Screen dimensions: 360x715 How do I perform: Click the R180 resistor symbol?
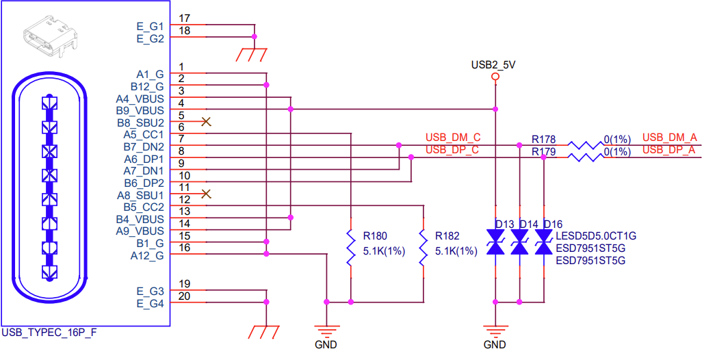[350, 246]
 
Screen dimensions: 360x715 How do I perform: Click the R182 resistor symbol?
[424, 246]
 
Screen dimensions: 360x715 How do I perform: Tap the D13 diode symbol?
[495, 243]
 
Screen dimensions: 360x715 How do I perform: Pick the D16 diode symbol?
[544, 243]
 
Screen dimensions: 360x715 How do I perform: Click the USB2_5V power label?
[493, 65]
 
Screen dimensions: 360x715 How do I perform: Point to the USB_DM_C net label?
[452, 138]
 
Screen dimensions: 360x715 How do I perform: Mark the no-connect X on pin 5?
[206, 122]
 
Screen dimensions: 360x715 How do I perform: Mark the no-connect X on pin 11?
[206, 194]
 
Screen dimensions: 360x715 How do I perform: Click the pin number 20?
[183, 296]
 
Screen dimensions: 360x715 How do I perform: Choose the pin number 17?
[183, 18]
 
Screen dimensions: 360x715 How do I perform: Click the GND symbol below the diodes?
[495, 332]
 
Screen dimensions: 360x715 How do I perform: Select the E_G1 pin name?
[150, 27]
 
